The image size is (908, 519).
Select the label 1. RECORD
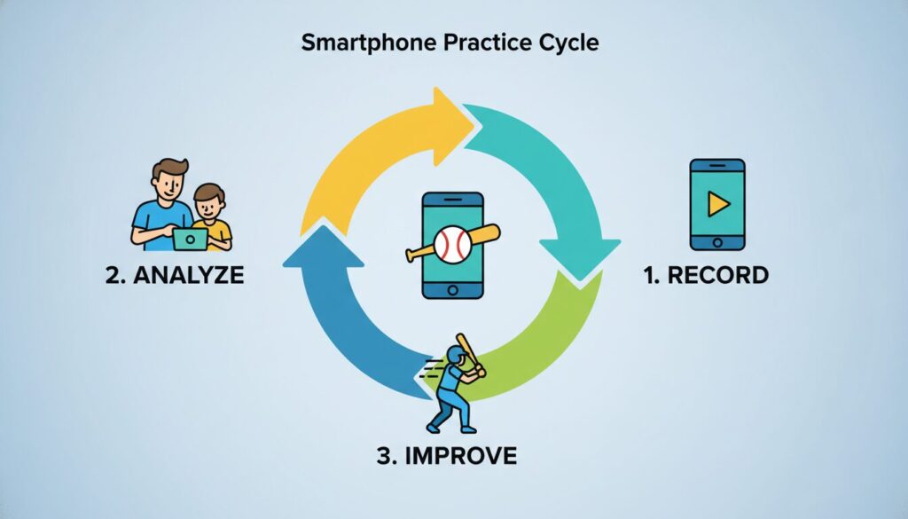click(x=706, y=276)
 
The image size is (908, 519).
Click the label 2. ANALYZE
click(x=174, y=276)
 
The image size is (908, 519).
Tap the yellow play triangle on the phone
click(x=716, y=205)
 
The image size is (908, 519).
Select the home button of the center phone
click(x=452, y=290)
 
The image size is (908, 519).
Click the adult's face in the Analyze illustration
click(x=168, y=183)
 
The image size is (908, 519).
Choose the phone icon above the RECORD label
click(x=716, y=205)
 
